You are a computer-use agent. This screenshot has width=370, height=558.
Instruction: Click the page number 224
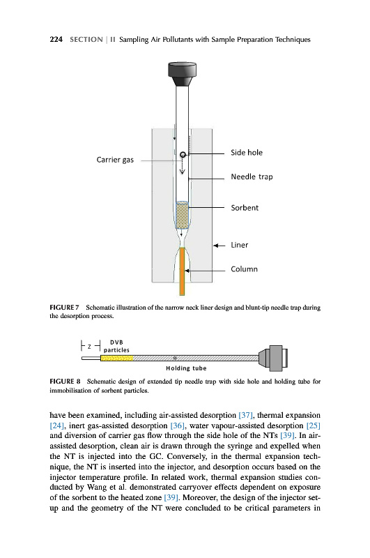click(56, 40)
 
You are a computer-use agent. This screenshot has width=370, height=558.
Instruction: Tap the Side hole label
click(246, 153)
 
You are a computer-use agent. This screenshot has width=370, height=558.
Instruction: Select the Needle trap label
click(252, 177)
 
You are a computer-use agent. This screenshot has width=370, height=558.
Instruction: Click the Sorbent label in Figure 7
click(245, 208)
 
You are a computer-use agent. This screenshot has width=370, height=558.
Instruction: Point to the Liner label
click(239, 246)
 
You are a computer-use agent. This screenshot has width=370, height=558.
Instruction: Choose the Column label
click(244, 269)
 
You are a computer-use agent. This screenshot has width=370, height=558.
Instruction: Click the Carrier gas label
click(115, 160)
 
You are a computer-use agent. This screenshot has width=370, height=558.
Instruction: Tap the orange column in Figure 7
click(182, 271)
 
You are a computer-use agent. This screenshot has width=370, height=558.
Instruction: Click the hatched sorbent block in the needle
click(182, 215)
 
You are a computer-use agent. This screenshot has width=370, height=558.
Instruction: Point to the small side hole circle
click(183, 154)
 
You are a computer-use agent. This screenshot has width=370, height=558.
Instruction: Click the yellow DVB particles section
click(117, 358)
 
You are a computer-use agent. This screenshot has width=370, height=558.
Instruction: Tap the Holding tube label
click(186, 368)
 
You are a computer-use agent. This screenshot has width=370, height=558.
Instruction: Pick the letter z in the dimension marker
click(90, 346)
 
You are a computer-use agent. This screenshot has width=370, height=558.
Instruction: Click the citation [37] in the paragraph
click(245, 415)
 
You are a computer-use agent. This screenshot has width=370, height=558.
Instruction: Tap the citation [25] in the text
click(313, 425)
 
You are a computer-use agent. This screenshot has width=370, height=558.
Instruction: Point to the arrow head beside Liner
click(215, 246)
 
